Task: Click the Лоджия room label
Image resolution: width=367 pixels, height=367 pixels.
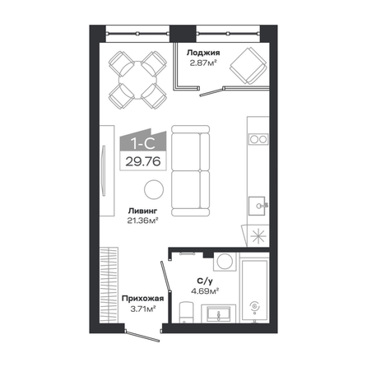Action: click(x=203, y=53)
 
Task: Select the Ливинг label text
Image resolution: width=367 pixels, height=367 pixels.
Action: click(x=142, y=211)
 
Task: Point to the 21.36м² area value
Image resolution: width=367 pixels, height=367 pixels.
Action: click(x=143, y=221)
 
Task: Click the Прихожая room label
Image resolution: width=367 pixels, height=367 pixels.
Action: click(x=143, y=299)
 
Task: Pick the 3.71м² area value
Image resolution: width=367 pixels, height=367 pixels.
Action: click(x=143, y=309)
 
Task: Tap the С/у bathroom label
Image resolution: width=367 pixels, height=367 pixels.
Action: click(x=205, y=281)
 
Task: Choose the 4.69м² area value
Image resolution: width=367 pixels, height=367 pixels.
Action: click(x=205, y=290)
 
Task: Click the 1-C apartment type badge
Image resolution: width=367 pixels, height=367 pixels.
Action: click(x=143, y=141)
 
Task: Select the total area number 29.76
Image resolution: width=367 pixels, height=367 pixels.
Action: click(x=143, y=161)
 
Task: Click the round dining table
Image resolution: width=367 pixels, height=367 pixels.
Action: click(x=138, y=80)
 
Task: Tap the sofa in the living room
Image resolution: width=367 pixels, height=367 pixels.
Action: click(x=191, y=170)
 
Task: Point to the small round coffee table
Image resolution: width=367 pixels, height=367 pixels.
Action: click(x=154, y=189)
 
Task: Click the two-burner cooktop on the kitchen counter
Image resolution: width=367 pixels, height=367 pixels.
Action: click(x=258, y=139)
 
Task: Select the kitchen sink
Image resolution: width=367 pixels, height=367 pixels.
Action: click(x=258, y=206)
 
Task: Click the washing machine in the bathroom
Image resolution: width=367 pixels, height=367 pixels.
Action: click(x=225, y=262)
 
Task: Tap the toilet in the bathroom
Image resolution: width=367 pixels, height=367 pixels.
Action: click(x=187, y=313)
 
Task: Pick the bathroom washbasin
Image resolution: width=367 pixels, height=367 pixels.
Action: click(x=218, y=314)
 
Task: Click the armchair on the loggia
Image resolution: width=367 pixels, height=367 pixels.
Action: click(x=249, y=66)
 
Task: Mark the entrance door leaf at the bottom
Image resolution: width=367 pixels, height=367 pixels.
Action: click(x=142, y=337)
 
